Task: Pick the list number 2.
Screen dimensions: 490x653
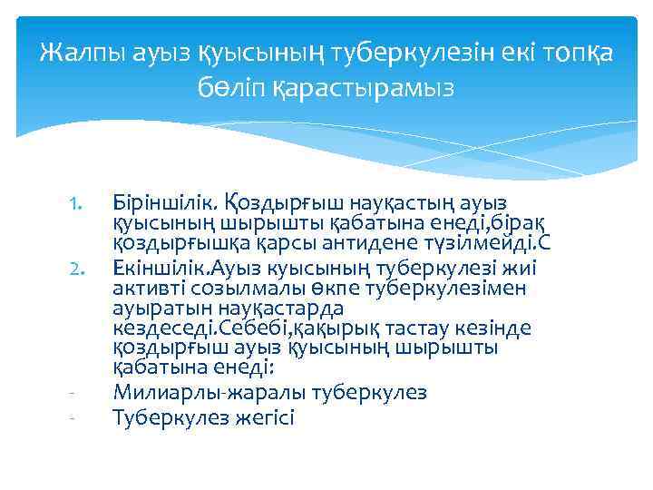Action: (77, 269)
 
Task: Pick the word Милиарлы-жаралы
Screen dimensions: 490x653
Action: (208, 393)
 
